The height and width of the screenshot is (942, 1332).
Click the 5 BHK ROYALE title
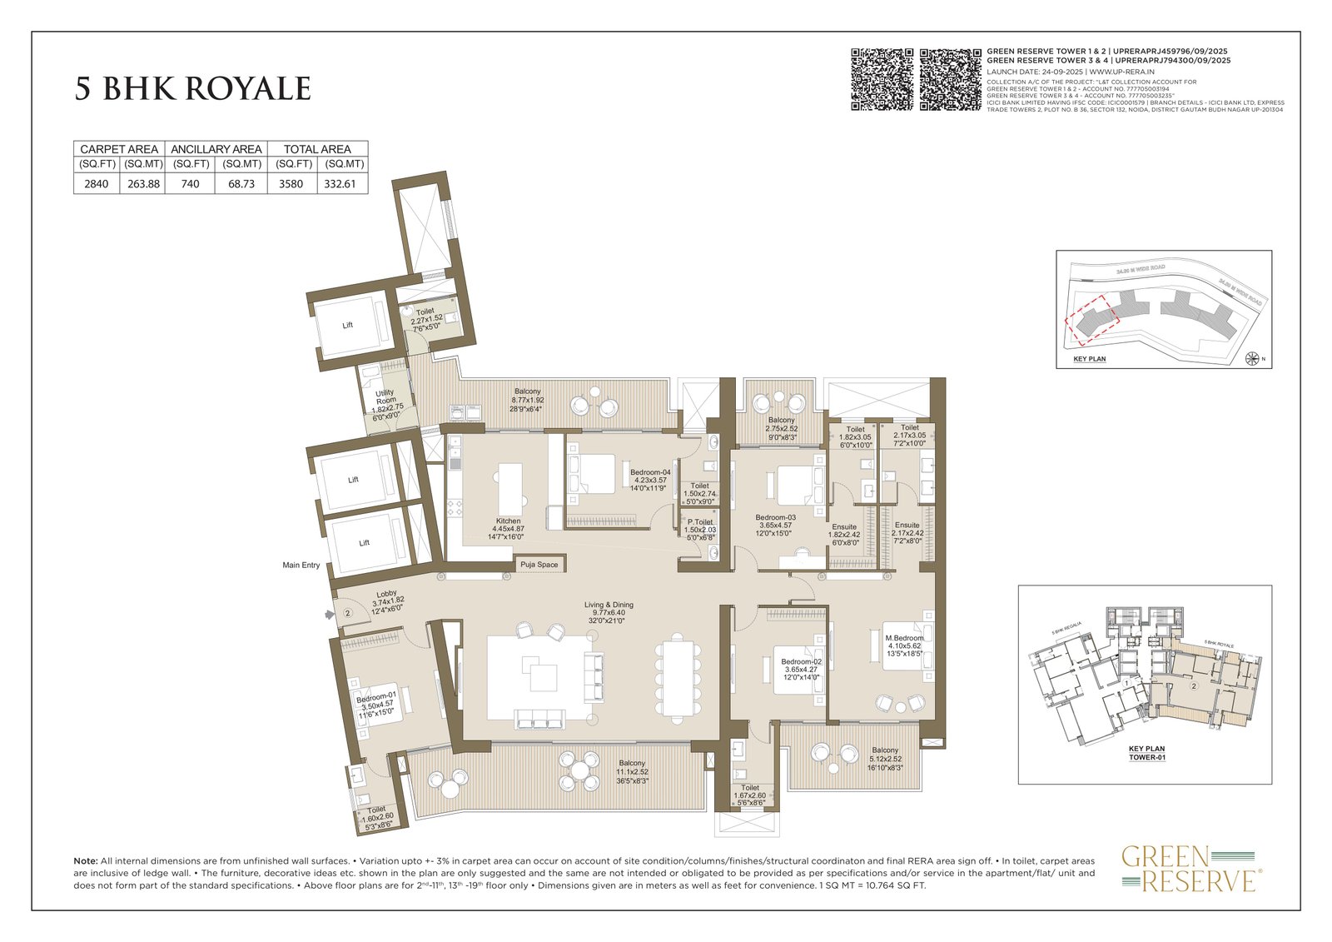pos(193,89)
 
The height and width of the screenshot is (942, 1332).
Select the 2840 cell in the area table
pos(97,184)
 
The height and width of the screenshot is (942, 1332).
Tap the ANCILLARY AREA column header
pos(216,149)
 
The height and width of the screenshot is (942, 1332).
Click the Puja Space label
pos(539,565)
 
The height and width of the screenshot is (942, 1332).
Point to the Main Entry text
pos(301,566)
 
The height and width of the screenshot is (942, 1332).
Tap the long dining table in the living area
pos(678,676)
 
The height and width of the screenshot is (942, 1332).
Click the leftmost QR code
pos(882,80)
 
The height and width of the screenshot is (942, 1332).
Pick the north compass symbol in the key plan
pos(1251,359)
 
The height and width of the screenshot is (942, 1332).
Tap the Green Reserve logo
pos(1191,868)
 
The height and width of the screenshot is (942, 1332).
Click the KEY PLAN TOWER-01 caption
pos(1146,753)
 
